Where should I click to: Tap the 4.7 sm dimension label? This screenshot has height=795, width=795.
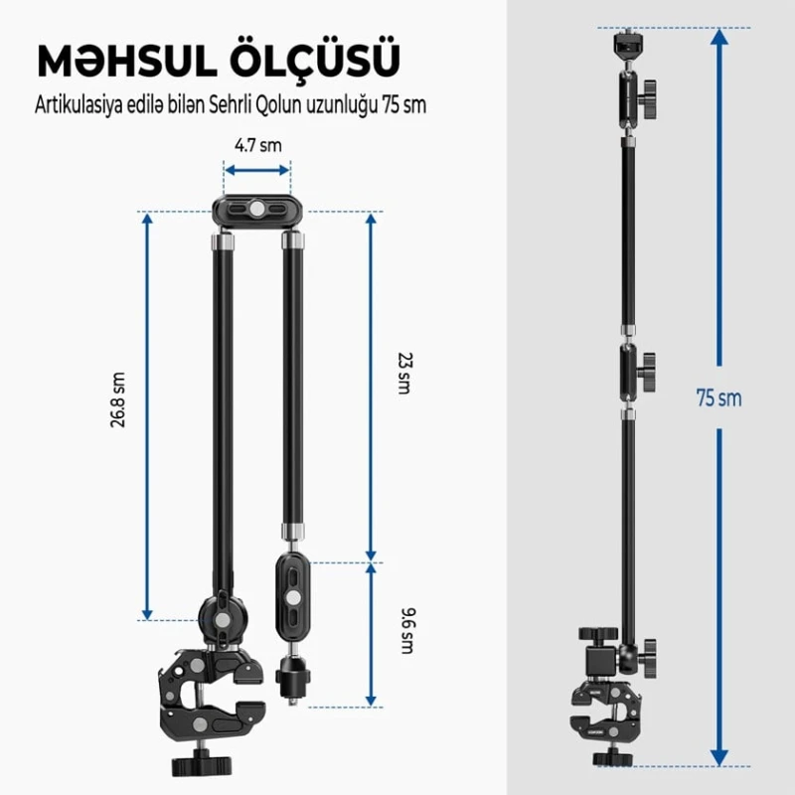pos(257,145)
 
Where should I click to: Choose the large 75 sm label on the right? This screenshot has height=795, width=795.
pos(718,398)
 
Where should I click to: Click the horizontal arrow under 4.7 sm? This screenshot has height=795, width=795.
pos(257,171)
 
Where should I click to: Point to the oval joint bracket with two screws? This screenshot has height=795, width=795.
pos(292,597)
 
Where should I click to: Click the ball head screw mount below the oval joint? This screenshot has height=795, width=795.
pos(292,682)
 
